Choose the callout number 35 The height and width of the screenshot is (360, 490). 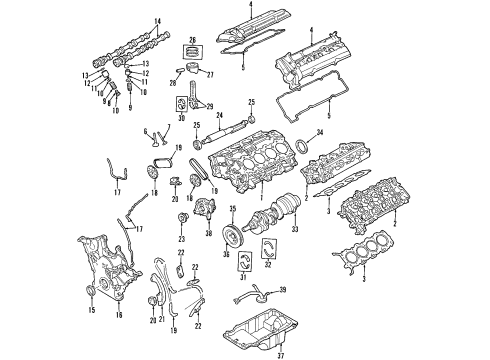pyautogui.click(x=233, y=209)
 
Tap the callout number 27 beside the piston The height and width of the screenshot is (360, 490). pyautogui.click(x=211, y=72)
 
